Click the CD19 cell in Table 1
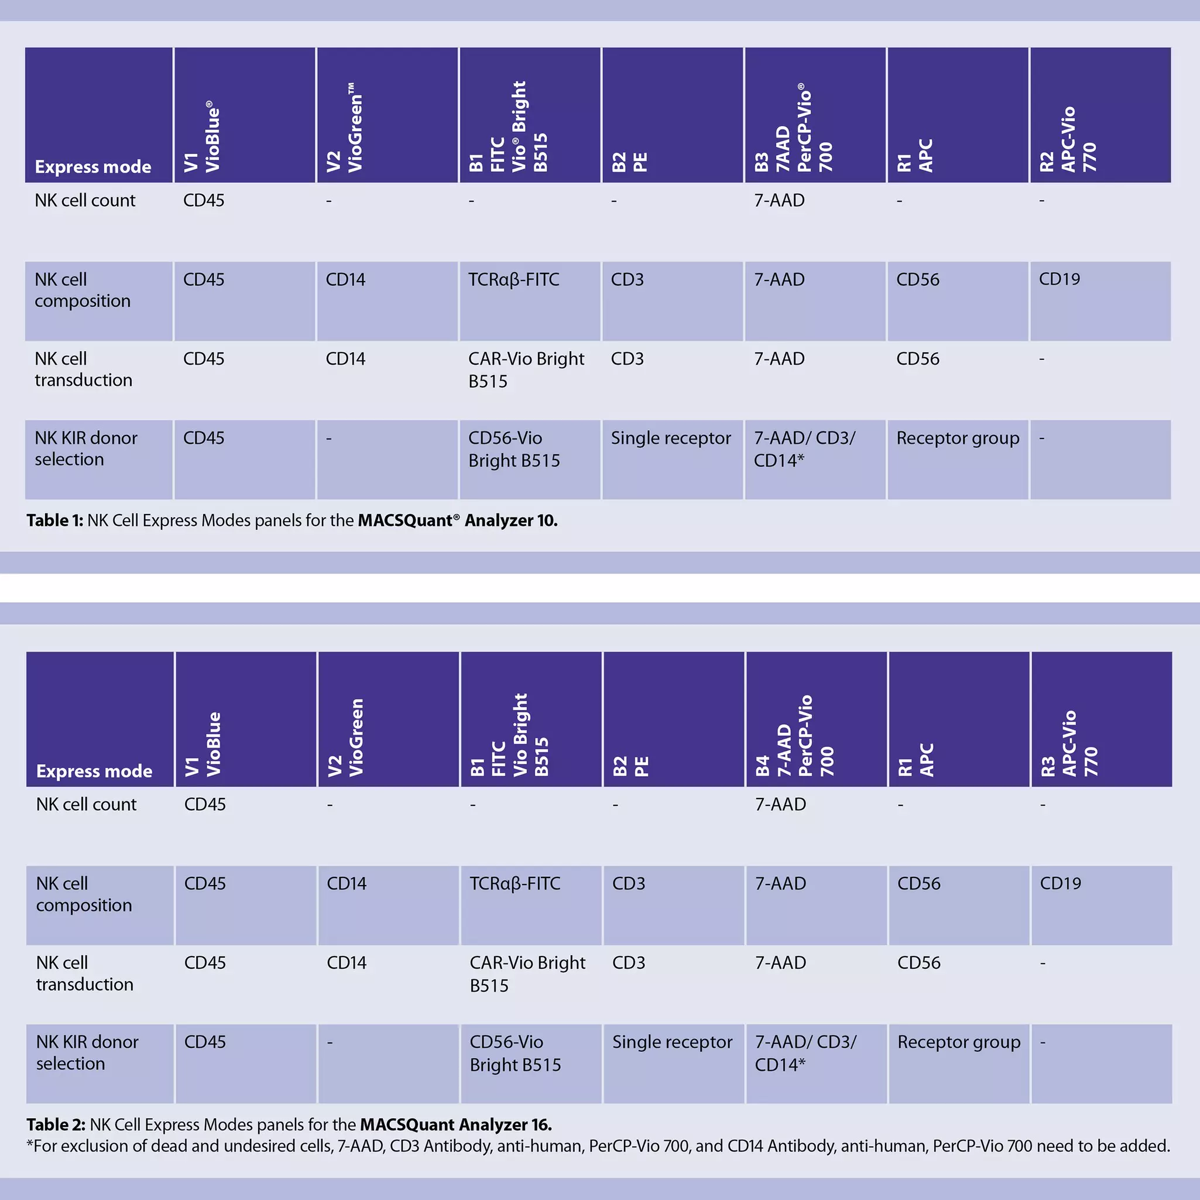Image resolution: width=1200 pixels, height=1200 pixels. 1059,279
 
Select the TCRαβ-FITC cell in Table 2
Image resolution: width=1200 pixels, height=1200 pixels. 515,883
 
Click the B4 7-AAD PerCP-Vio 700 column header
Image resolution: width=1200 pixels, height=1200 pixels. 794,735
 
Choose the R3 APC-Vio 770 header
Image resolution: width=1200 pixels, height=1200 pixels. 1069,743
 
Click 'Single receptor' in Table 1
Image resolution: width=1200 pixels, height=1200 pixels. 671,438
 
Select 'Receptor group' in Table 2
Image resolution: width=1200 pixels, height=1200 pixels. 959,1042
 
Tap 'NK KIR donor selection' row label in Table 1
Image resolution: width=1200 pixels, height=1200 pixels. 85,448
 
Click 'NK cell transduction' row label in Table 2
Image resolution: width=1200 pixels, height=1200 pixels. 84,973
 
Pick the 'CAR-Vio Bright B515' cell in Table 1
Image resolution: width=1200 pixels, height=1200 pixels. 526,369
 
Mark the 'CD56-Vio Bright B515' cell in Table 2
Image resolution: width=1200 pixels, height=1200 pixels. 515,1053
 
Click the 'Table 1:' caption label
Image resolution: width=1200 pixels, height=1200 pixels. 54,520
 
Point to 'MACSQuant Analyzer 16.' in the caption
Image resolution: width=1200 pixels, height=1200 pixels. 456,1124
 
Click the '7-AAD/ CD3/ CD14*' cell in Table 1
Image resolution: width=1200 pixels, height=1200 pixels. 804,449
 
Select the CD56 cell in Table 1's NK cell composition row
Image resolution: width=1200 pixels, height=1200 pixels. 917,279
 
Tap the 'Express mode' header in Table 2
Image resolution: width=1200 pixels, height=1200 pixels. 94,771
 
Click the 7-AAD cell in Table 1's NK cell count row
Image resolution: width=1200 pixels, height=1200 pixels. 779,200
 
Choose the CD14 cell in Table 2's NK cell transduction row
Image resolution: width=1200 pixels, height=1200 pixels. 347,963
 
